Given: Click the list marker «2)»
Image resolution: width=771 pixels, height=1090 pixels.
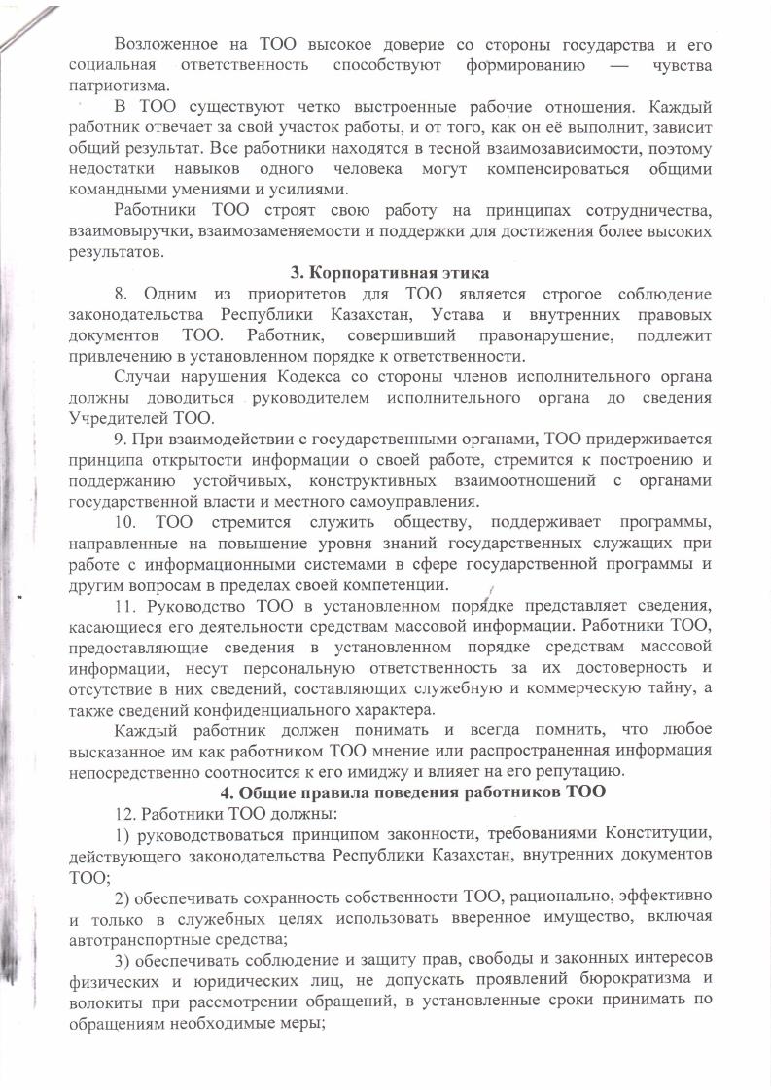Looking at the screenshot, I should pyautogui.click(x=123, y=895).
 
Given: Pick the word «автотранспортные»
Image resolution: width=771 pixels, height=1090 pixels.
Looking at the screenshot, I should pyautogui.click(x=135, y=936).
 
